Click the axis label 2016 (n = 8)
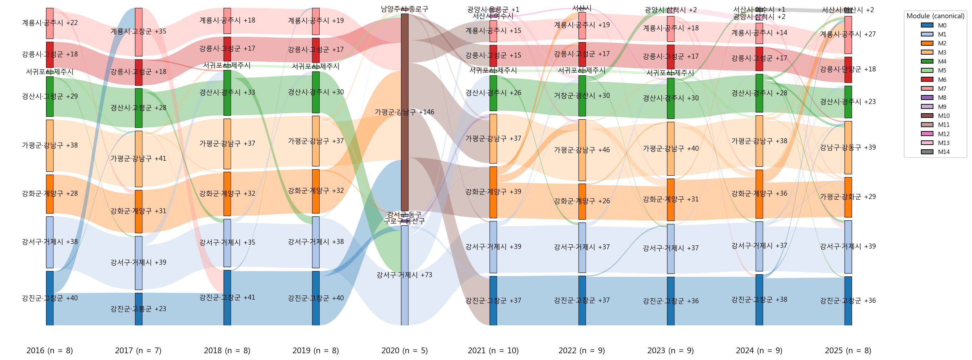click(x=49, y=351)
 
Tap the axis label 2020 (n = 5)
click(x=405, y=351)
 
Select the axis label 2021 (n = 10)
click(x=493, y=351)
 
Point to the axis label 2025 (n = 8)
click(x=848, y=351)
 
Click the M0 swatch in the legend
click(x=927, y=25)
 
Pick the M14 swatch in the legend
click(x=927, y=152)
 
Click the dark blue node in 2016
click(x=50, y=298)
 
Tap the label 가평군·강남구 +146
click(x=405, y=112)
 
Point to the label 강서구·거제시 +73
click(x=405, y=275)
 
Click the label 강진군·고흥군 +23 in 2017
click(x=139, y=309)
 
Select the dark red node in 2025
click(x=848, y=69)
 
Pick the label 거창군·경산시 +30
click(x=582, y=96)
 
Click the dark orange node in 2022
click(x=582, y=201)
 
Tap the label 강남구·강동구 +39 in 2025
click(x=848, y=147)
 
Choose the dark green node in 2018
click(x=227, y=92)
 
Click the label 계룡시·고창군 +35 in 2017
click(x=139, y=31)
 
